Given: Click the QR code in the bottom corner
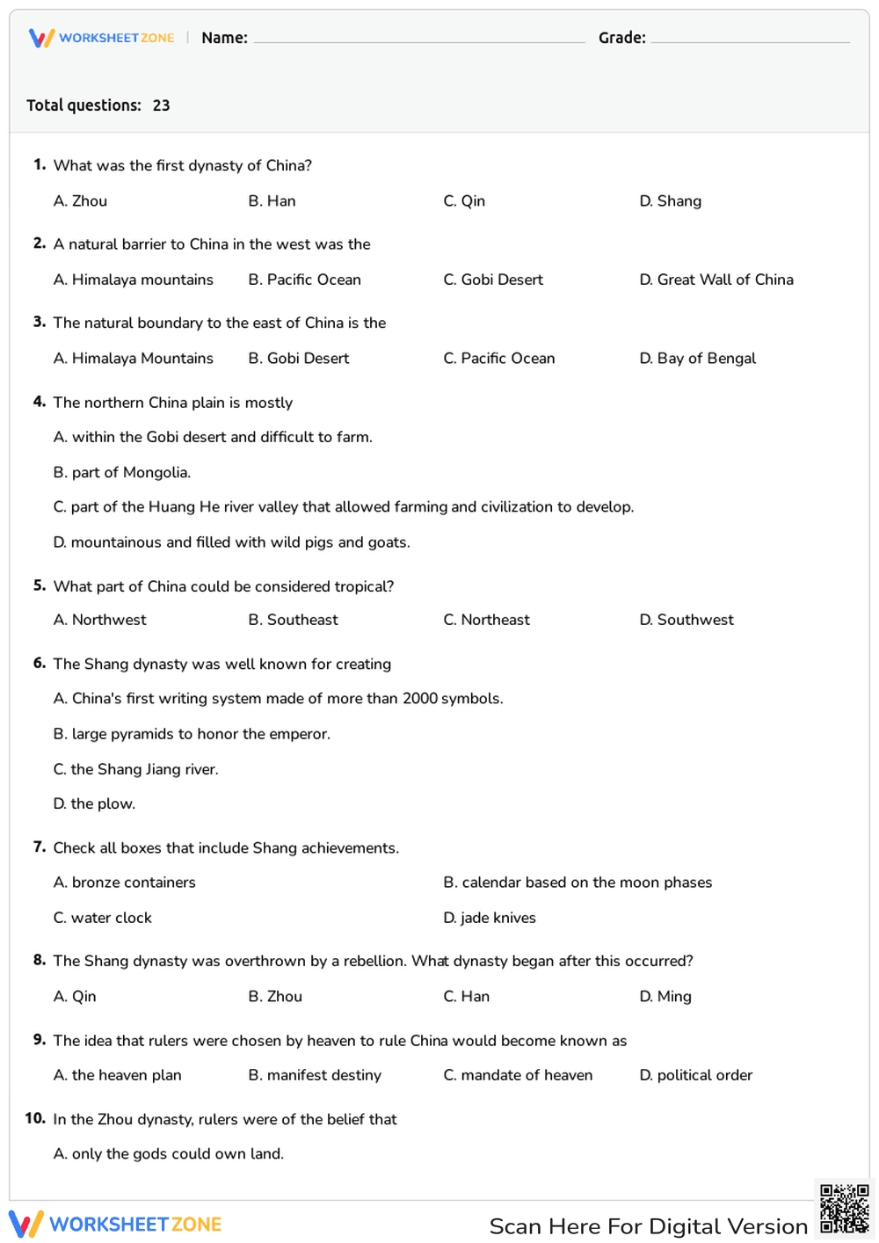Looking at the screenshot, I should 845,1209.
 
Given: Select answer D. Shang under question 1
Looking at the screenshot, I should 670,201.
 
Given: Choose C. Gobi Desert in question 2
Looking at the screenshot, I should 493,280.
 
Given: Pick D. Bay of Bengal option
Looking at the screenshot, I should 697,359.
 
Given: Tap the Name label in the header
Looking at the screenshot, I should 224,38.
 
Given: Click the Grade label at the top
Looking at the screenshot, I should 621,38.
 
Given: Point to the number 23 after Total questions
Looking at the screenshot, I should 161,105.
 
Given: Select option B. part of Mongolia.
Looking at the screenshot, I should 122,472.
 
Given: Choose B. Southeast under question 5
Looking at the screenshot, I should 293,620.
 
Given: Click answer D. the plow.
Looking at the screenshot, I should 94,803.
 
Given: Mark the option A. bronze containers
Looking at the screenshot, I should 124,883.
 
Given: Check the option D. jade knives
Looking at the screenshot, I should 490,918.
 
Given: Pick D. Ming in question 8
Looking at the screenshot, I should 665,996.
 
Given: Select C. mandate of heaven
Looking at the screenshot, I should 518,1075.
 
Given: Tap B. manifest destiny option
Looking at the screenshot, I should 315,1075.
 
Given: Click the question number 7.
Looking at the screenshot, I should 39,847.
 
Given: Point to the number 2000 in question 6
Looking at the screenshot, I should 420,699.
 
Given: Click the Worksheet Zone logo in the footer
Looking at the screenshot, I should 115,1225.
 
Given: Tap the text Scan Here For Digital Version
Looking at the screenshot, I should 648,1226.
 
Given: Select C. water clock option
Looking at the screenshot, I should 102,918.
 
